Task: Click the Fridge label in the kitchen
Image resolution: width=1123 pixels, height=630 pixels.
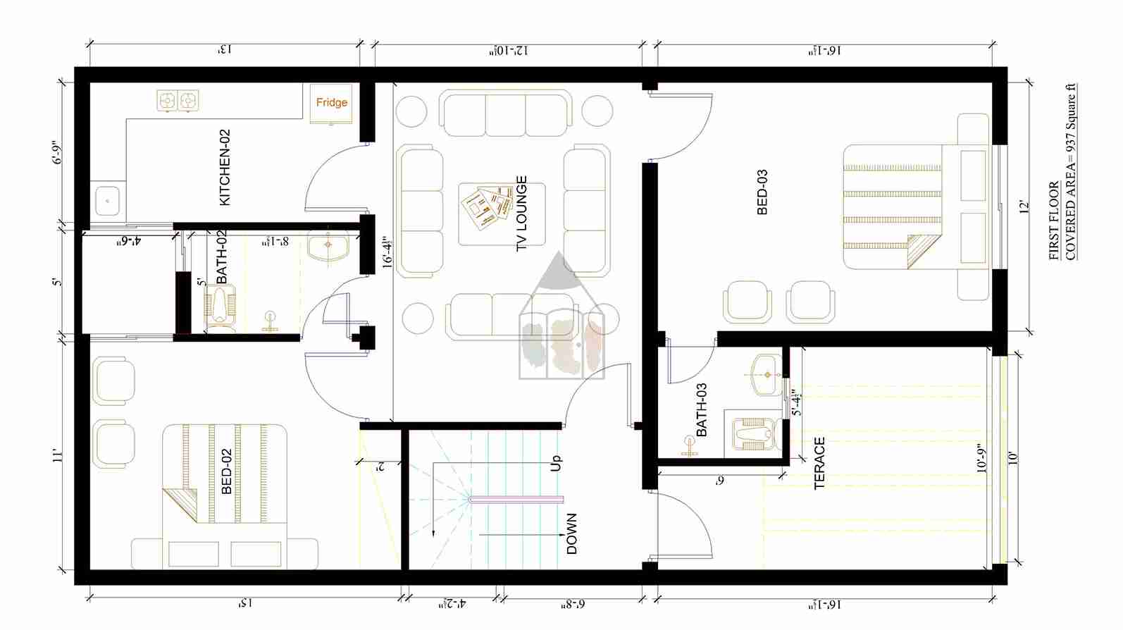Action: pos(331,103)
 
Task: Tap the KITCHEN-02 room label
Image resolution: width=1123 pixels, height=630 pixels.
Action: pos(225,168)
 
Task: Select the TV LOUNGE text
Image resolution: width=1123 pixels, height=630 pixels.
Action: pos(521,214)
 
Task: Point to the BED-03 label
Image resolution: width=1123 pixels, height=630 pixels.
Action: pos(762,192)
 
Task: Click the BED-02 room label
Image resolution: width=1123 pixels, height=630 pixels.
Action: pos(226,471)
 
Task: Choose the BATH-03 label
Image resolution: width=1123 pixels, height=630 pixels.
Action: pos(701,410)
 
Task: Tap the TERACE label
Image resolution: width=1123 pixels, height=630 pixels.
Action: pos(819,463)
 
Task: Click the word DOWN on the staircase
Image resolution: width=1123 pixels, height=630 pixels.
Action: pos(571,533)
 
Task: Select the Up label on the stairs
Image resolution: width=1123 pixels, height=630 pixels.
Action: pos(556,463)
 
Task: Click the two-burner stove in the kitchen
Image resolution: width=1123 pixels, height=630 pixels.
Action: pos(178,101)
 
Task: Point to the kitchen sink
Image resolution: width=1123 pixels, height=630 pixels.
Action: pos(108,201)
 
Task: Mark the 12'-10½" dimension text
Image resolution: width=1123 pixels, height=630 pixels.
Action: pos(509,51)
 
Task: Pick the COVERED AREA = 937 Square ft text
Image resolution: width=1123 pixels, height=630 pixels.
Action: pos(1070,173)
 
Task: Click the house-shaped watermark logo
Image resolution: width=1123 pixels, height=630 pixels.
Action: pos(561,321)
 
